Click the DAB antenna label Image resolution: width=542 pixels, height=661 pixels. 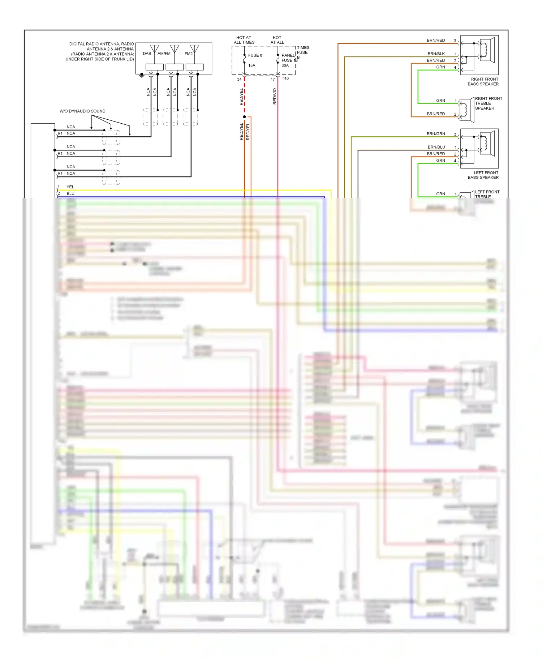[147, 54]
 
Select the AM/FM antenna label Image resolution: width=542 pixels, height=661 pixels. [164, 54]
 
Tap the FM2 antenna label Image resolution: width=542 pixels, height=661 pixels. [189, 54]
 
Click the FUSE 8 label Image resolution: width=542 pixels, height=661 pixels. [255, 55]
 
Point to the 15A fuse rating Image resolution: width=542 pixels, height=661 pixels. [251, 65]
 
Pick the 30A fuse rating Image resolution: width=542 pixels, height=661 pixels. [285, 65]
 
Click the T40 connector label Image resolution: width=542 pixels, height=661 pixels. [285, 78]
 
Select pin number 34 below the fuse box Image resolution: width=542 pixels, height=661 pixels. [239, 80]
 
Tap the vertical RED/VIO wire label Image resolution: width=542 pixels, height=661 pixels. [275, 97]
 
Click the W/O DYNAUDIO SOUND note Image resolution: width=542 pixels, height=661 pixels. [82, 111]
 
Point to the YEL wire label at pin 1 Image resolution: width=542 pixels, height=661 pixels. [70, 187]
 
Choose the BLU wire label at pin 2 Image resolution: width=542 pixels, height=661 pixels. [70, 193]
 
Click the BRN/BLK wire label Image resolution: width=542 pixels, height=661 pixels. [436, 54]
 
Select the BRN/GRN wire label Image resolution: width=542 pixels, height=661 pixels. [436, 134]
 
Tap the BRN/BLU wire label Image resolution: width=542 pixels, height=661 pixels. [436, 147]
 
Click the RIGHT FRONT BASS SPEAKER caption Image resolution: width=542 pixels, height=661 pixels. [483, 81]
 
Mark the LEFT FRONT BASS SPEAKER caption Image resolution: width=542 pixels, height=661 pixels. [483, 175]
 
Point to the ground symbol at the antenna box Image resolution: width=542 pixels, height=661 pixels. [142, 76]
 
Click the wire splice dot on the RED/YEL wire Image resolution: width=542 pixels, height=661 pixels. [244, 117]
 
